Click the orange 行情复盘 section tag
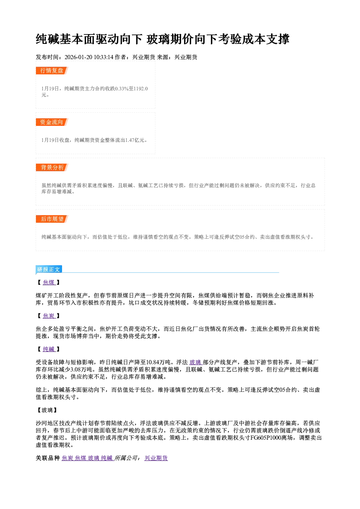click(52, 70)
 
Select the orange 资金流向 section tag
click(52, 122)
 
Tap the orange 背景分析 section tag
click(52, 168)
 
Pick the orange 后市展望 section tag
click(52, 219)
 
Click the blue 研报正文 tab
click(49, 270)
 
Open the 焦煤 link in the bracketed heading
click(49, 283)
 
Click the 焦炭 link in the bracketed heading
click(49, 316)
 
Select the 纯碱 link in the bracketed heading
click(49, 349)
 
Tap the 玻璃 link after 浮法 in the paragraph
click(195, 362)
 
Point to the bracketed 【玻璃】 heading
click(47, 410)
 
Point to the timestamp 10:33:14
click(103, 57)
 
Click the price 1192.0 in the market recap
click(140, 89)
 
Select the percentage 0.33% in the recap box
click(122, 89)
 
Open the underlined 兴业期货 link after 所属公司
click(156, 458)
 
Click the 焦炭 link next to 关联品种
click(67, 458)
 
